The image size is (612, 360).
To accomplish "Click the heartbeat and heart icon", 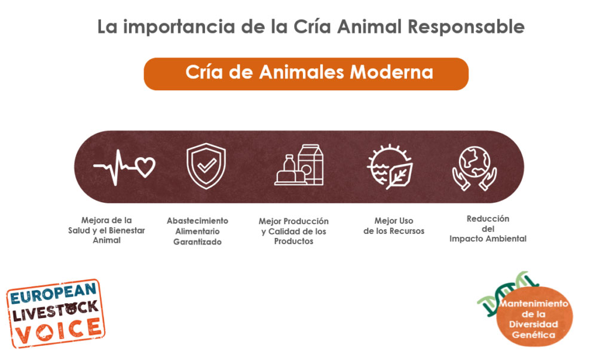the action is (x=124, y=167).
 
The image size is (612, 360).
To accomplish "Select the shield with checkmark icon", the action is (x=206, y=166).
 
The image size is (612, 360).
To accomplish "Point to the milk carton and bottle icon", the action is (x=299, y=165).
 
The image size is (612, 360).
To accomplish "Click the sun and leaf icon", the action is (x=390, y=167).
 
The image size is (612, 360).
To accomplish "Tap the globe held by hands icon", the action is (x=475, y=168).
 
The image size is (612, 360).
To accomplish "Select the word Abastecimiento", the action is (x=197, y=221).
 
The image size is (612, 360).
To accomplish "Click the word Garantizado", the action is (x=197, y=242).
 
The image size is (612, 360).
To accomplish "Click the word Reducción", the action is (x=488, y=219).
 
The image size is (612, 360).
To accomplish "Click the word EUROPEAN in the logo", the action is (x=53, y=294).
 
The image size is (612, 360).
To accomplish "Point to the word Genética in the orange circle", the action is (x=534, y=335).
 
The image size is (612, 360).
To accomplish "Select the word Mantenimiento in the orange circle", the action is (x=534, y=303).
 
